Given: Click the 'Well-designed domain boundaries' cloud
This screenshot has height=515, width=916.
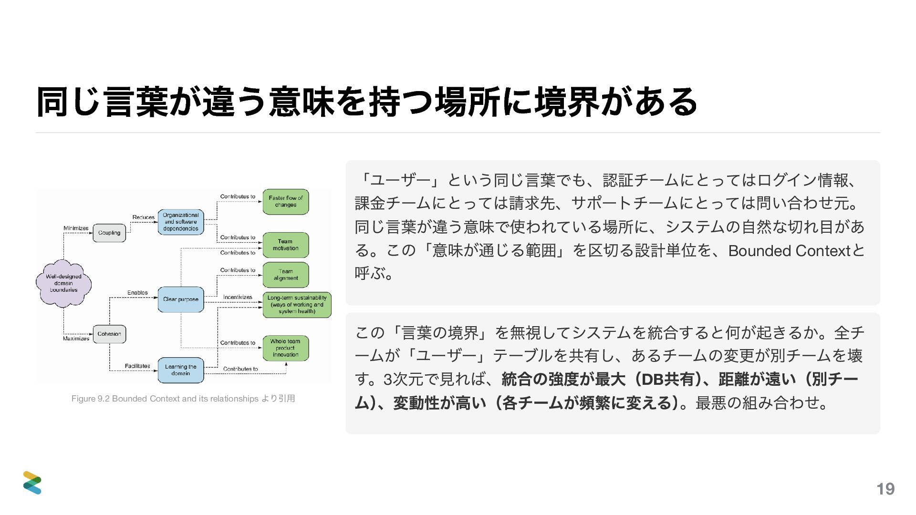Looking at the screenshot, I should click(x=63, y=283).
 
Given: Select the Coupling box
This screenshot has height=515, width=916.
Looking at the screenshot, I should click(x=109, y=233).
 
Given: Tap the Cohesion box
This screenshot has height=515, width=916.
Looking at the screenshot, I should click(x=109, y=334).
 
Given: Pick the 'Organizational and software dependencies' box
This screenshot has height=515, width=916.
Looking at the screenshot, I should click(x=181, y=222).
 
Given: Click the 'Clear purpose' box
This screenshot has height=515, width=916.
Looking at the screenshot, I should click(x=181, y=299).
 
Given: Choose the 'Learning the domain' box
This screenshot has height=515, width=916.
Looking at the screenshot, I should click(x=181, y=370).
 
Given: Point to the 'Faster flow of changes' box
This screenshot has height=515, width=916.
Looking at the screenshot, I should click(x=286, y=202).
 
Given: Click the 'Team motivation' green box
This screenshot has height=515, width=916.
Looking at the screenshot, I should click(x=286, y=245).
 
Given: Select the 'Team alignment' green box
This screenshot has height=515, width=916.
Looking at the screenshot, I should click(x=286, y=275).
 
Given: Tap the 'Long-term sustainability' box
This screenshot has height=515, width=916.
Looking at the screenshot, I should click(x=297, y=305).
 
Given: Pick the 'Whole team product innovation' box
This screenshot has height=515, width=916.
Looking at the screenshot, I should click(x=286, y=348).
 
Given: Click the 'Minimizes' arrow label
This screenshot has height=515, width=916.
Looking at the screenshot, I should click(x=76, y=228).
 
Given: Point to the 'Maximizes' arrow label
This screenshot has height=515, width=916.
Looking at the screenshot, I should click(x=76, y=339).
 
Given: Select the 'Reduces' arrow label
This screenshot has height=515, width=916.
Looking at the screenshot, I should click(x=143, y=217).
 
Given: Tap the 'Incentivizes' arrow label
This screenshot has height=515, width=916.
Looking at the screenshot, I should click(x=238, y=297).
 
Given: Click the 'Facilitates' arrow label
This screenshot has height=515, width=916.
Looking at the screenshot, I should click(x=137, y=366).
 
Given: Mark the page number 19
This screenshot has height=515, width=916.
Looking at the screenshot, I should click(x=885, y=489).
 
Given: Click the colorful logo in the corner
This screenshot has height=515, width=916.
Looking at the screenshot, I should click(x=32, y=483).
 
